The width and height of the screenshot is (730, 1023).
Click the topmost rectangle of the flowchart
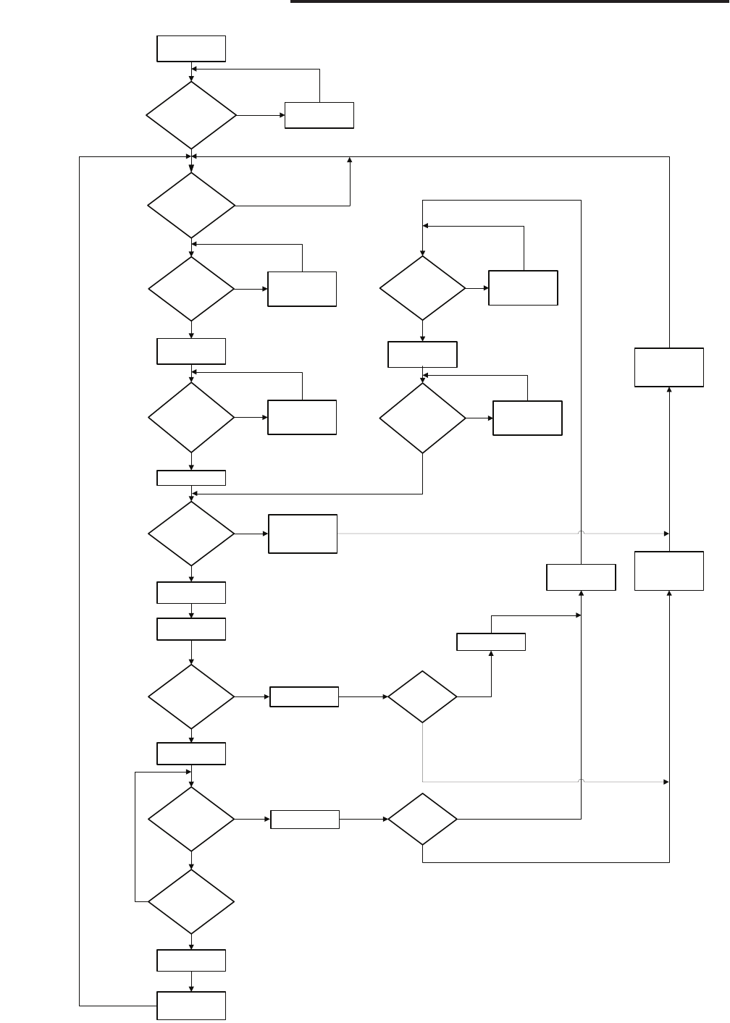click(191, 49)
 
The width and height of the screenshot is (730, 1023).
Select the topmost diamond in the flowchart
click(191, 115)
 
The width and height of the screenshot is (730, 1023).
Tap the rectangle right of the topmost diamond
click(319, 115)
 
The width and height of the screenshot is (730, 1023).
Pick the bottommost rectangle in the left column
click(191, 1006)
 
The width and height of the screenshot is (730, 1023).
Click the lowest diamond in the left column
click(191, 902)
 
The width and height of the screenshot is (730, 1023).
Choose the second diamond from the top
click(191, 205)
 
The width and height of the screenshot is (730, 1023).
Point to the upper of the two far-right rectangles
click(669, 367)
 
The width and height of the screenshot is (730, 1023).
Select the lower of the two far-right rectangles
click(669, 571)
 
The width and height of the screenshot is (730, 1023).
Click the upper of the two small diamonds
click(422, 697)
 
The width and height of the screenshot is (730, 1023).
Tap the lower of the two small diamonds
click(422, 820)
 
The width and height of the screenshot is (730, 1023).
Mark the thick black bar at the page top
click(510, 2)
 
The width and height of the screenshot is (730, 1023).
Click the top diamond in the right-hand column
click(422, 288)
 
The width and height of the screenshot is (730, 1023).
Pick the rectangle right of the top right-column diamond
click(523, 288)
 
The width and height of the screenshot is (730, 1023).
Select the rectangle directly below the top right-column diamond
click(422, 355)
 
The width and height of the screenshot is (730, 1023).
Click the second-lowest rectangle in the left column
click(191, 961)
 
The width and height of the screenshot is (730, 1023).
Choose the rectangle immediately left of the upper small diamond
click(304, 697)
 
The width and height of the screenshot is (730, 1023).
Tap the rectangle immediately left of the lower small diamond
click(305, 820)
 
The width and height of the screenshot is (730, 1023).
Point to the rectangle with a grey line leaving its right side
click(303, 534)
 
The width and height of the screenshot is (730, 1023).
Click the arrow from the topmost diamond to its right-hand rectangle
click(261, 115)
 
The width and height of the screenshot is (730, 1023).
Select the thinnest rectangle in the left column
click(191, 478)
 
